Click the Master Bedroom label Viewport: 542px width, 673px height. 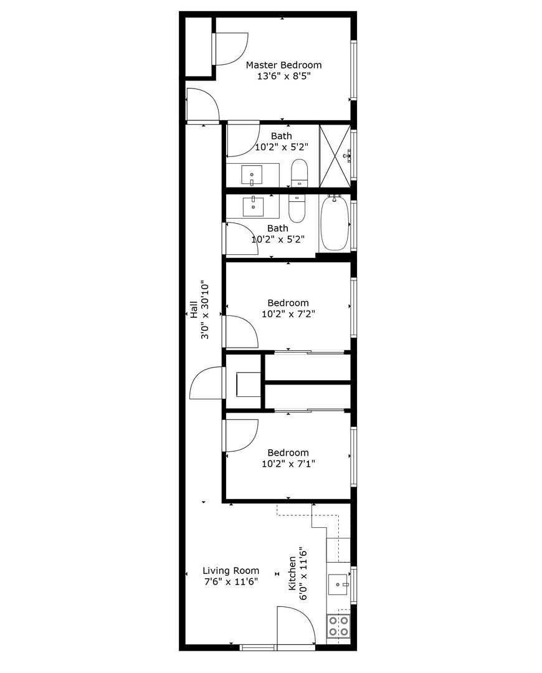tap(283, 65)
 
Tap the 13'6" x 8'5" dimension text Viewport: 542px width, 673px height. tap(283, 77)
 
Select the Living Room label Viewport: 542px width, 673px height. tap(231, 570)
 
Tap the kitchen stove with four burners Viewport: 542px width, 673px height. tap(338, 626)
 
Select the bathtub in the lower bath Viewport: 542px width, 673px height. tap(335, 223)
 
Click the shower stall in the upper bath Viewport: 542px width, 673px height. tap(335, 155)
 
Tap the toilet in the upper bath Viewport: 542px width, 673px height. tap(300, 173)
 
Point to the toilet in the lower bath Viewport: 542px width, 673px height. tap(297, 209)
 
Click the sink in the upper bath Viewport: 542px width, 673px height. tap(252, 175)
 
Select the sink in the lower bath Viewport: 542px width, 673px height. tap(253, 206)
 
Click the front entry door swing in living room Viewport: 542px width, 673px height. tap(294, 626)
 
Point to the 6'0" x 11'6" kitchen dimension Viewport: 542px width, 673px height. tap(304, 573)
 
